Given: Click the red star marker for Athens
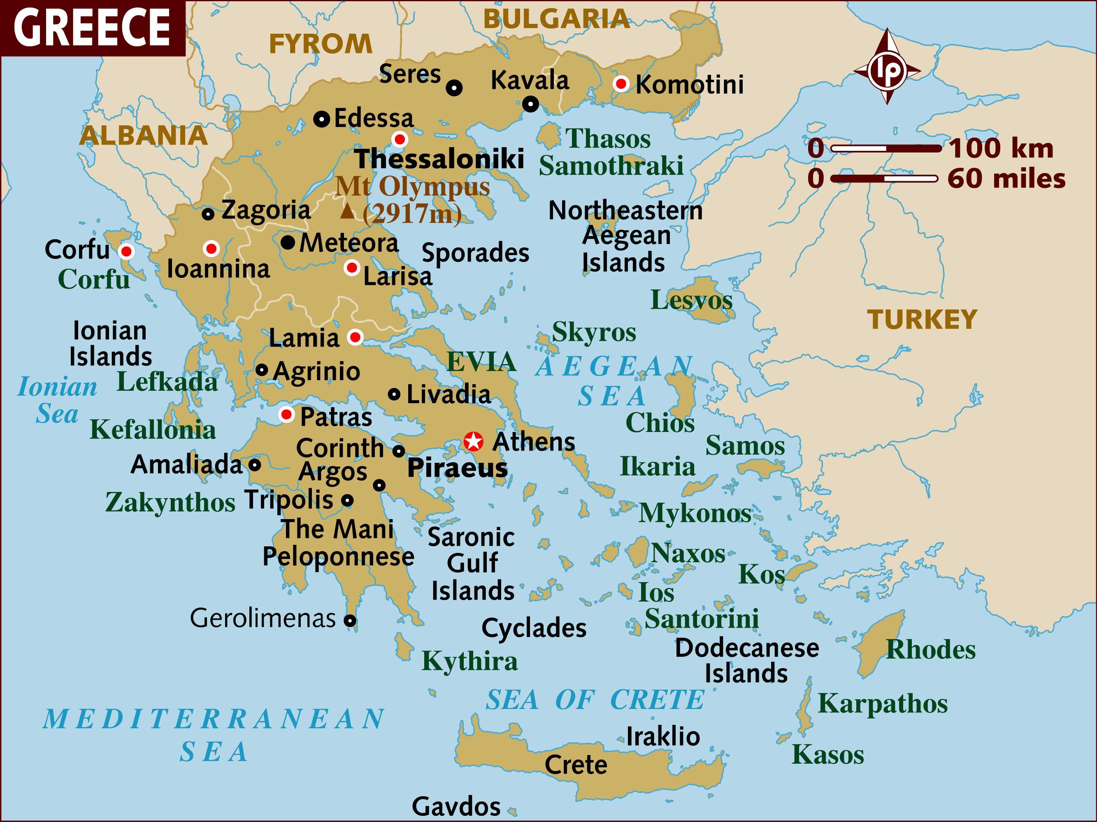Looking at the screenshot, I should click(473, 441).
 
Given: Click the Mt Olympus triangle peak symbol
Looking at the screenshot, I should click(348, 212).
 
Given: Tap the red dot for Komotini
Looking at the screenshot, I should click(621, 84).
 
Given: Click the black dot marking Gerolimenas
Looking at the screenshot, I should click(350, 620).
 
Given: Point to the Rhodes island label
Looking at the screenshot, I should click(930, 649).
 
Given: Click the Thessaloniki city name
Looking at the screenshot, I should click(440, 159).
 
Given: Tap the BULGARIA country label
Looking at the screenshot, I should click(556, 19).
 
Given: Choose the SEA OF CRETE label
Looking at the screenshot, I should click(595, 700).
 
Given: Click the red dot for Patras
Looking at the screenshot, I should click(286, 414).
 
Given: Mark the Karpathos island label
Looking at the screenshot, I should click(882, 703).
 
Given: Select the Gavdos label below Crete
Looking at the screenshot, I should click(456, 806).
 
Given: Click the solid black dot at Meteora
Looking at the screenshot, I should click(288, 242).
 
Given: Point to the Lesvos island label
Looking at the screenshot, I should click(691, 300).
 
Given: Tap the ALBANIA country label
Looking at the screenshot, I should click(143, 135).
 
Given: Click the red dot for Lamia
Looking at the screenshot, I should click(355, 337).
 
